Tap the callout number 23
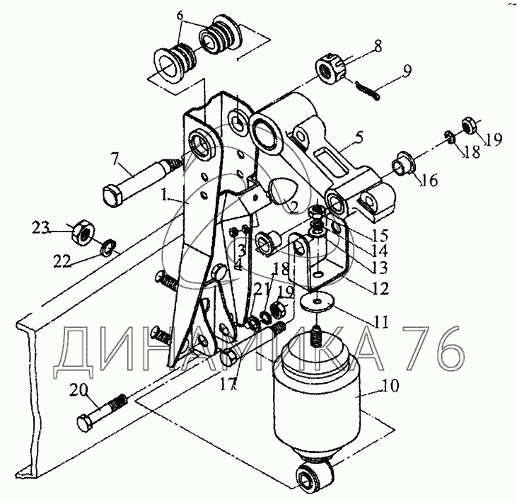coord(40,228)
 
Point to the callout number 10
coord(390,385)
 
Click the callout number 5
coord(360,137)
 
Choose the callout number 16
coord(430,181)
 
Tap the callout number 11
coord(381,321)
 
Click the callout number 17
coord(228,384)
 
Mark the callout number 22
coord(64,261)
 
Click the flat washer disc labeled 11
coord(317,302)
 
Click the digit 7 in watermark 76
coord(417,351)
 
